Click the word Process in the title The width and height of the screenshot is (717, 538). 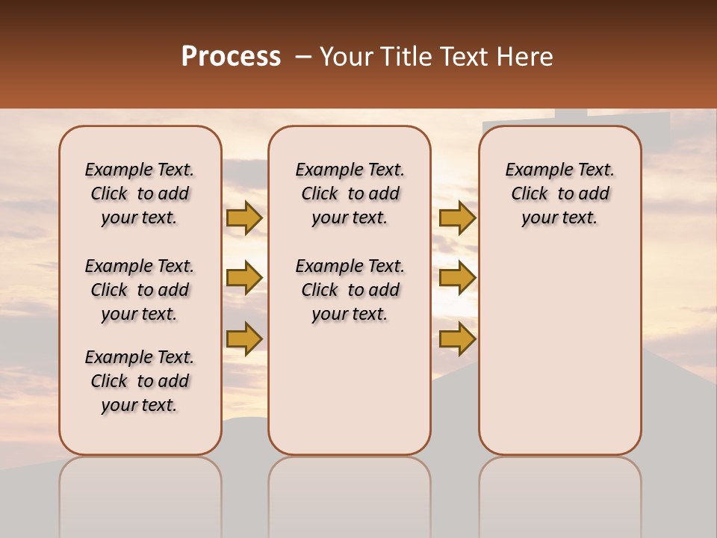(231, 57)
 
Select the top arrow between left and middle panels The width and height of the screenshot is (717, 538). (244, 217)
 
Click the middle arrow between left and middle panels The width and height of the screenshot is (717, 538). (244, 278)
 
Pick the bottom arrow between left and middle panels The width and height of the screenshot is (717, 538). (244, 339)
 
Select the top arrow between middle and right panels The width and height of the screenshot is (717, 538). (457, 217)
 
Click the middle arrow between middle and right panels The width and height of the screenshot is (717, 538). (457, 278)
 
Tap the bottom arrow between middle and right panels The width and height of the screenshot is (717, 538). (457, 339)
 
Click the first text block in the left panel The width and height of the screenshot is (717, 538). (140, 194)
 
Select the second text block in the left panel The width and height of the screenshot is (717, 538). (140, 290)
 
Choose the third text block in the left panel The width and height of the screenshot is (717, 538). (140, 381)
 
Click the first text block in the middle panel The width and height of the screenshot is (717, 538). (350, 194)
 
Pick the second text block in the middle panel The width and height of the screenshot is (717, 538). (350, 290)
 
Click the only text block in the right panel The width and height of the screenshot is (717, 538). (559, 194)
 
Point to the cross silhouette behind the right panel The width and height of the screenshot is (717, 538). (571, 118)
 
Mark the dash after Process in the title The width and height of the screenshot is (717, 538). (303, 58)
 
